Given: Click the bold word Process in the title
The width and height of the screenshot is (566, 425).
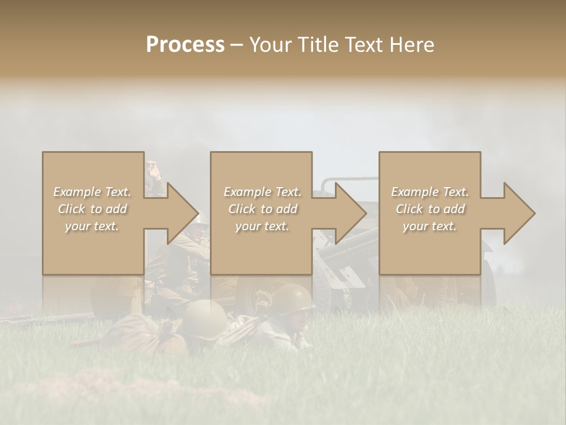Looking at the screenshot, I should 185,45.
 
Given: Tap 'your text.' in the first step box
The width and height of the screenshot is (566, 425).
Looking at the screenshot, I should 92,226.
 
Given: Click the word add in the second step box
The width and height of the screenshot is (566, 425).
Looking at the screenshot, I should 287,209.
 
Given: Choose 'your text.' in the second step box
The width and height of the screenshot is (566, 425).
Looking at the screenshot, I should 262,226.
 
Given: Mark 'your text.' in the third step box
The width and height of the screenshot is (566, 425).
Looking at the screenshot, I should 430,226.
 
